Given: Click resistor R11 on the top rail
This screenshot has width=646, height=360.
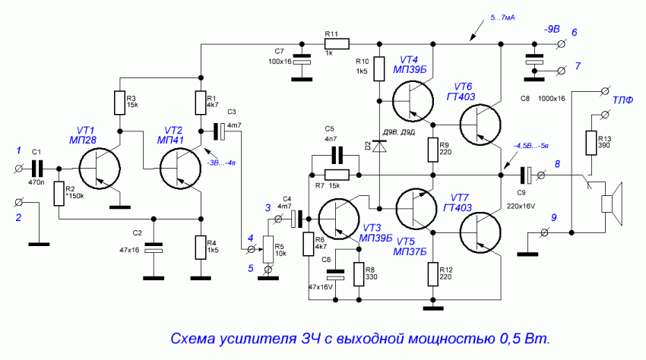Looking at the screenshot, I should pos(332,43).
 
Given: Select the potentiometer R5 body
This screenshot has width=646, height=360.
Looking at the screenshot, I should pos(267,248).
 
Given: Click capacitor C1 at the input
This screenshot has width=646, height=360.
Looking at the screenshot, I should pos(36,169).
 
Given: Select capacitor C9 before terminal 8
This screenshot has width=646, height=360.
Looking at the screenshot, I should pos(523,176).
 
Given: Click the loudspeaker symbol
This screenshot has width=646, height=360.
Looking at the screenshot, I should pos(613,204).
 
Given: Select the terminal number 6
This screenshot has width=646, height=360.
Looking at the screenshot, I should pos(575,32).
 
